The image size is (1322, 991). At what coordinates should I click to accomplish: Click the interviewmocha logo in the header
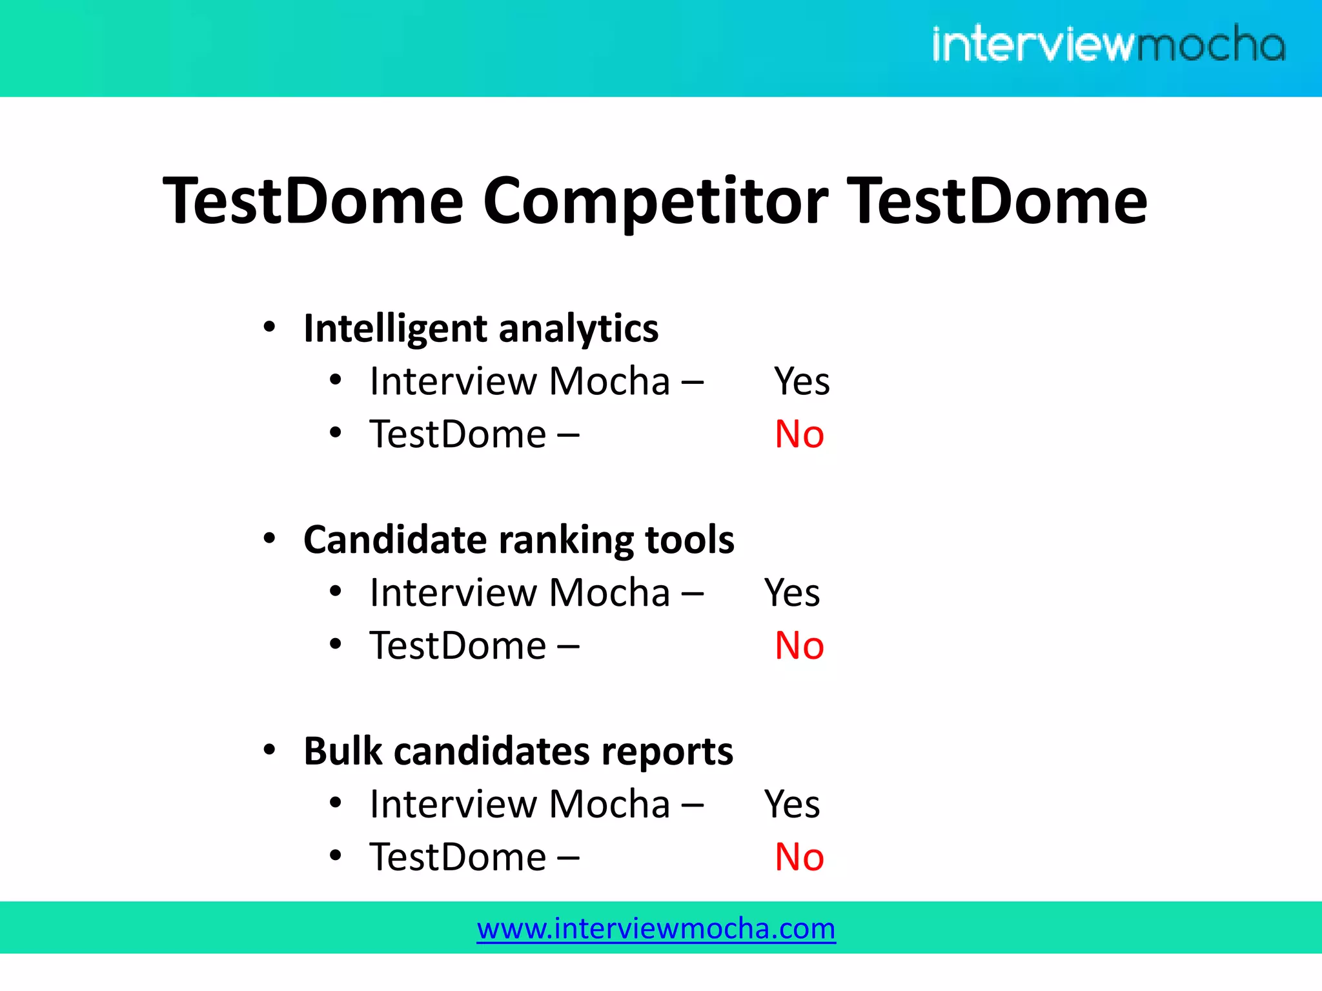[1108, 44]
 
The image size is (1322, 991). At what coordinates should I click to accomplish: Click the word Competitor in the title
[655, 202]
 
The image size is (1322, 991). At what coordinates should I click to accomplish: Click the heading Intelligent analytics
[481, 328]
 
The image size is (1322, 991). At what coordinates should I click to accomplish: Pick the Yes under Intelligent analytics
[802, 381]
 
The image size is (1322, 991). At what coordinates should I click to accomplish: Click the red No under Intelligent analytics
[799, 434]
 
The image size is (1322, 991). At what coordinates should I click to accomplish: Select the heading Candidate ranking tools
[518, 539]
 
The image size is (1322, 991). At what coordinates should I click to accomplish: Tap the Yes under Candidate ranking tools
[792, 593]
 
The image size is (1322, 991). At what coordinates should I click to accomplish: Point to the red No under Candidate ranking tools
[799, 645]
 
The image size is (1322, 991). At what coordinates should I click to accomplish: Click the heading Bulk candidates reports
[518, 751]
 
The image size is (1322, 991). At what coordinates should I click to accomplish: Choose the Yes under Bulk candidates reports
[792, 805]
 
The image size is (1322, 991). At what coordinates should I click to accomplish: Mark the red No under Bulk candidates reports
[799, 857]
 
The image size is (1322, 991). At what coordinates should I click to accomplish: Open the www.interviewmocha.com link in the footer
[656, 928]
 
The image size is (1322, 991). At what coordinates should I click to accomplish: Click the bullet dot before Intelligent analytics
[270, 326]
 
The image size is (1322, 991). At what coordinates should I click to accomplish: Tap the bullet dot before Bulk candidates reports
[270, 750]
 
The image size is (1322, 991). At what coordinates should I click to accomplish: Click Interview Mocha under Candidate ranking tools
[520, 593]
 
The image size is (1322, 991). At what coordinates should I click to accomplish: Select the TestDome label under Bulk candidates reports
[458, 857]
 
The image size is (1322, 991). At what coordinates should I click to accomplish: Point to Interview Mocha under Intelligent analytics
[520, 381]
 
